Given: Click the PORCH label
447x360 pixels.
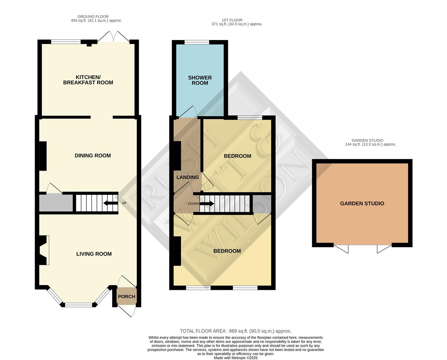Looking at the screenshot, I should click(x=127, y=296).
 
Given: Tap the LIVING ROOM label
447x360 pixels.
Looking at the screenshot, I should click(x=94, y=254).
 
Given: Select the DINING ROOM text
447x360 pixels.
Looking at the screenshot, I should click(x=92, y=155).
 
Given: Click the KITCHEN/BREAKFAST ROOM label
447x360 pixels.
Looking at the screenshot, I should click(x=88, y=80).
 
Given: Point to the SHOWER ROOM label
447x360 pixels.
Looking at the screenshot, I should click(x=200, y=80).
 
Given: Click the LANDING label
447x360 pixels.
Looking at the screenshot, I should click(x=187, y=177).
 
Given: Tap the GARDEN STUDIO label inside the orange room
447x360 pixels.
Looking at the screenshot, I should click(x=362, y=203).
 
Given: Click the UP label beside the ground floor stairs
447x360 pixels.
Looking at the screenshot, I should click(x=124, y=203).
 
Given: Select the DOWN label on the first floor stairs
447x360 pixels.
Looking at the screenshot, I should click(x=193, y=204).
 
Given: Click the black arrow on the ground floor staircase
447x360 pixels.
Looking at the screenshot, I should click(x=110, y=203).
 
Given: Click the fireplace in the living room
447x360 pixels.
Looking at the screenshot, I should click(x=44, y=250).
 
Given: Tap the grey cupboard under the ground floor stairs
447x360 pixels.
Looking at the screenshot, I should click(x=56, y=203).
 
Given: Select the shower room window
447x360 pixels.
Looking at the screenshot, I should click(x=197, y=42).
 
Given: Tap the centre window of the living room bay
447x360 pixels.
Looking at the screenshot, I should click(x=78, y=304).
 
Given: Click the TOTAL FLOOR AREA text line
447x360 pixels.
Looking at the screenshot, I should click(x=236, y=331).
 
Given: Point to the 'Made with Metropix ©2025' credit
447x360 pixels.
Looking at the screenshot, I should click(x=236, y=358).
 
